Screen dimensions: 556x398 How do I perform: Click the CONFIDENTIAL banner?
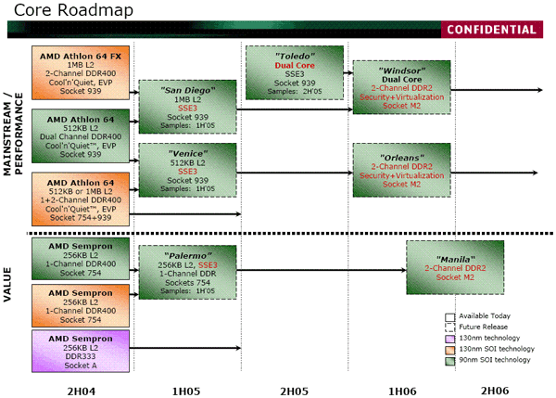pyautogui.click(x=492, y=30)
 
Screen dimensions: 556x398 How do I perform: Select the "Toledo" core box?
pyautogui.click(x=295, y=72)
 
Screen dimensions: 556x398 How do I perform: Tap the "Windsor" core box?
pyautogui.click(x=402, y=87)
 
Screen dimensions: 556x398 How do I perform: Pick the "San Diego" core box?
pyautogui.click(x=187, y=107)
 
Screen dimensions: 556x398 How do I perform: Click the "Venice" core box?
pyautogui.click(x=187, y=170)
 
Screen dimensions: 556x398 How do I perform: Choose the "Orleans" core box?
pyautogui.click(x=402, y=170)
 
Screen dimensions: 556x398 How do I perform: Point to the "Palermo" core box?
pyautogui.click(x=187, y=273)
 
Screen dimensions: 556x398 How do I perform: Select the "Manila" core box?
pyautogui.click(x=455, y=268)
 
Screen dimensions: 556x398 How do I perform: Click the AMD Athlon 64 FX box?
pyautogui.click(x=81, y=72)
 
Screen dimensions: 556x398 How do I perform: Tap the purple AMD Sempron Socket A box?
pyautogui.click(x=81, y=351)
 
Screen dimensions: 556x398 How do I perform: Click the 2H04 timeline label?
pyautogui.click(x=82, y=392)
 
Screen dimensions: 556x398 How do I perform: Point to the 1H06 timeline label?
pyautogui.click(x=402, y=392)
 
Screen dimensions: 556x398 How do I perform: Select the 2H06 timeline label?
pyautogui.click(x=495, y=391)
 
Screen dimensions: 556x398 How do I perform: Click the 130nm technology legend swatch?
pyautogui.click(x=450, y=339)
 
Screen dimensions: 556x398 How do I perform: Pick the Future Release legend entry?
pyautogui.click(x=476, y=327)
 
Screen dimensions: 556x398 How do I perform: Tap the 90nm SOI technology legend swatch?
pyautogui.click(x=450, y=361)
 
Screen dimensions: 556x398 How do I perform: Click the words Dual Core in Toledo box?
pyautogui.click(x=295, y=65)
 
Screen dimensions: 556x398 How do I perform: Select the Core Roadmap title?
pyautogui.click(x=73, y=10)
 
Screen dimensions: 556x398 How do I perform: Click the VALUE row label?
pyautogui.click(x=7, y=285)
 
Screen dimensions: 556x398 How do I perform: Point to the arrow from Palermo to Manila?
pyautogui.click(x=322, y=270)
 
